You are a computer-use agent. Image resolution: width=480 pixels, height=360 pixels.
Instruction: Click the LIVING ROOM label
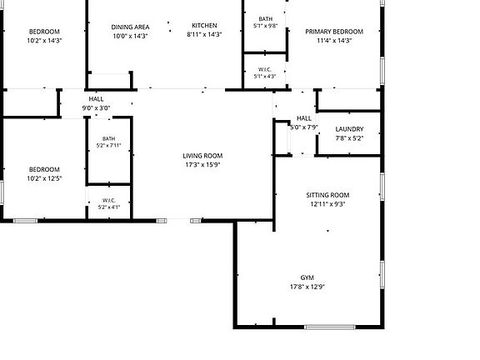click(x=202, y=156)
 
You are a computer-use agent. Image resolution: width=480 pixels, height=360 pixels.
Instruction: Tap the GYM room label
click(x=307, y=277)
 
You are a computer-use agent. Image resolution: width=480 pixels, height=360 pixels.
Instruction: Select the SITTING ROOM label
click(x=327, y=195)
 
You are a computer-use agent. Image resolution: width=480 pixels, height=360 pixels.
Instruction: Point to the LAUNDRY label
click(x=349, y=129)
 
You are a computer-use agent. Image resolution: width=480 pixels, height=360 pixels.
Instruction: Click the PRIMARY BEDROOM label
click(x=334, y=32)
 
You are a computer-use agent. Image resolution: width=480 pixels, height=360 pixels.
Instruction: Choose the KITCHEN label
click(x=204, y=25)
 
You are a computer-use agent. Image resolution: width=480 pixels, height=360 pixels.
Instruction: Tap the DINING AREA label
click(x=130, y=27)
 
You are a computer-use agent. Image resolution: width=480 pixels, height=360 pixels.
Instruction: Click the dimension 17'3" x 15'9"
click(x=202, y=165)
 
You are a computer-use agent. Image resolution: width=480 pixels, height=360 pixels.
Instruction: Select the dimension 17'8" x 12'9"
click(x=307, y=287)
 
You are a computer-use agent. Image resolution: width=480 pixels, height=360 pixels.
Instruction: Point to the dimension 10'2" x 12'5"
click(x=44, y=178)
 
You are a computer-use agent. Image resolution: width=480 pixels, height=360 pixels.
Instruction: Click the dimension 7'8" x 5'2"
click(x=349, y=138)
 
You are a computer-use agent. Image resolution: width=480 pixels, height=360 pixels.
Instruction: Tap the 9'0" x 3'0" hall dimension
click(x=96, y=108)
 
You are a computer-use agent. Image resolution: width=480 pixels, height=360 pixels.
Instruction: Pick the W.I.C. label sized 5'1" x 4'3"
click(x=265, y=70)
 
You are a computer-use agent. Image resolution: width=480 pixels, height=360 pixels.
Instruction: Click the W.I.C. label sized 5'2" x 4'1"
click(x=109, y=201)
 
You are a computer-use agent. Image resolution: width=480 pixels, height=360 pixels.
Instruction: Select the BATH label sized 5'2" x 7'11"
click(x=108, y=138)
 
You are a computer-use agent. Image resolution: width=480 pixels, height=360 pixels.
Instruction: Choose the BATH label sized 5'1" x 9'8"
click(x=265, y=19)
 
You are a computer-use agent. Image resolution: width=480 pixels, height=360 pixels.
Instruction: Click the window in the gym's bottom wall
click(x=330, y=327)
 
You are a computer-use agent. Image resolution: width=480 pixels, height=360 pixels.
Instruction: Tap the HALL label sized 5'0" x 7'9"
click(x=304, y=118)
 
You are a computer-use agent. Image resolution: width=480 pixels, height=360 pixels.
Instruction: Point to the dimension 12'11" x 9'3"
click(x=327, y=204)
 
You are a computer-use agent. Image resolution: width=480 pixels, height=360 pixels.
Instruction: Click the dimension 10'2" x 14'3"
click(x=44, y=40)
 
